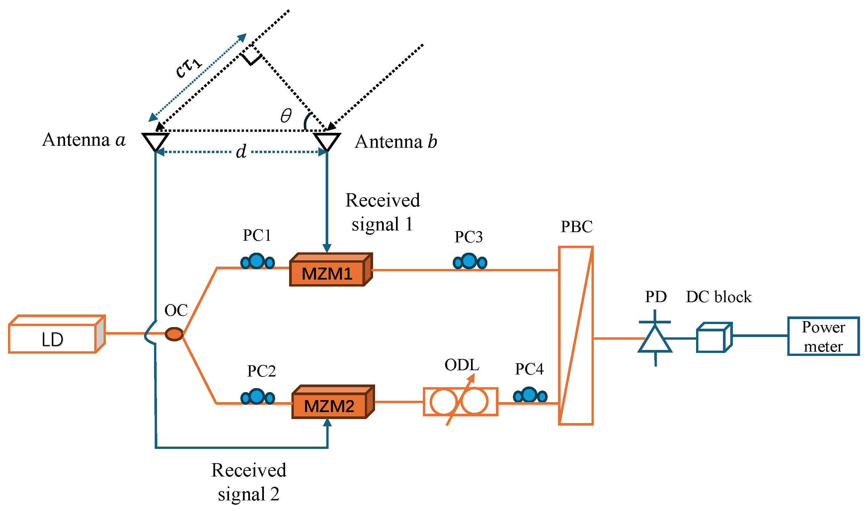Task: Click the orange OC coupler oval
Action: (x=174, y=334)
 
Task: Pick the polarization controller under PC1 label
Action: (x=258, y=262)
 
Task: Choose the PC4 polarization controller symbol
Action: (x=530, y=395)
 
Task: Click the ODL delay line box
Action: (x=460, y=402)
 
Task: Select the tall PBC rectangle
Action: (x=576, y=335)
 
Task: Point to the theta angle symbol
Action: (x=286, y=115)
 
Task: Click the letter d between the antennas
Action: (x=241, y=151)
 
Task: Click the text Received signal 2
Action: (x=249, y=482)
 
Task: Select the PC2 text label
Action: (x=262, y=371)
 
